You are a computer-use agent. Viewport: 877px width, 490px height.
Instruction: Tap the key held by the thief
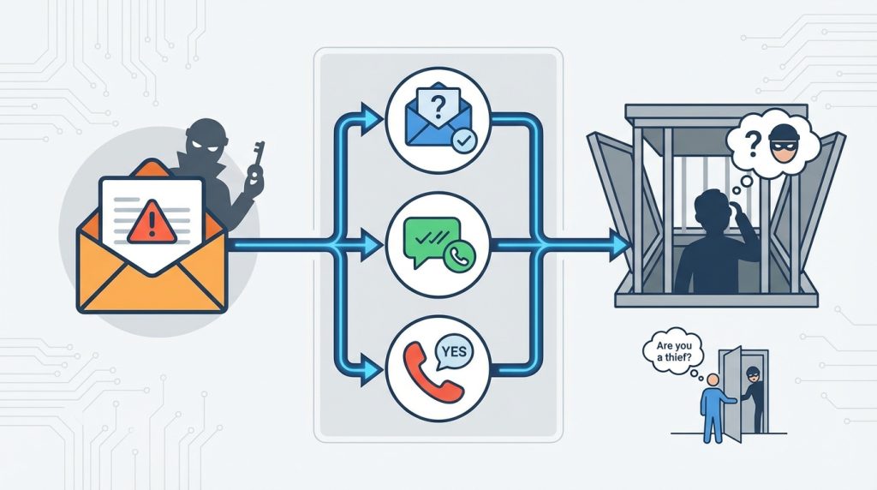[255, 162]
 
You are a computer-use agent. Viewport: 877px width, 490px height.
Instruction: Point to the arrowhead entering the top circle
[371, 115]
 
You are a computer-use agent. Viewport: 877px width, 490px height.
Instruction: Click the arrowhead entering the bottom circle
[371, 372]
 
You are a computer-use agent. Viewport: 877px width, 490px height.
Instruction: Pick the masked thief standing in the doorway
[750, 395]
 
